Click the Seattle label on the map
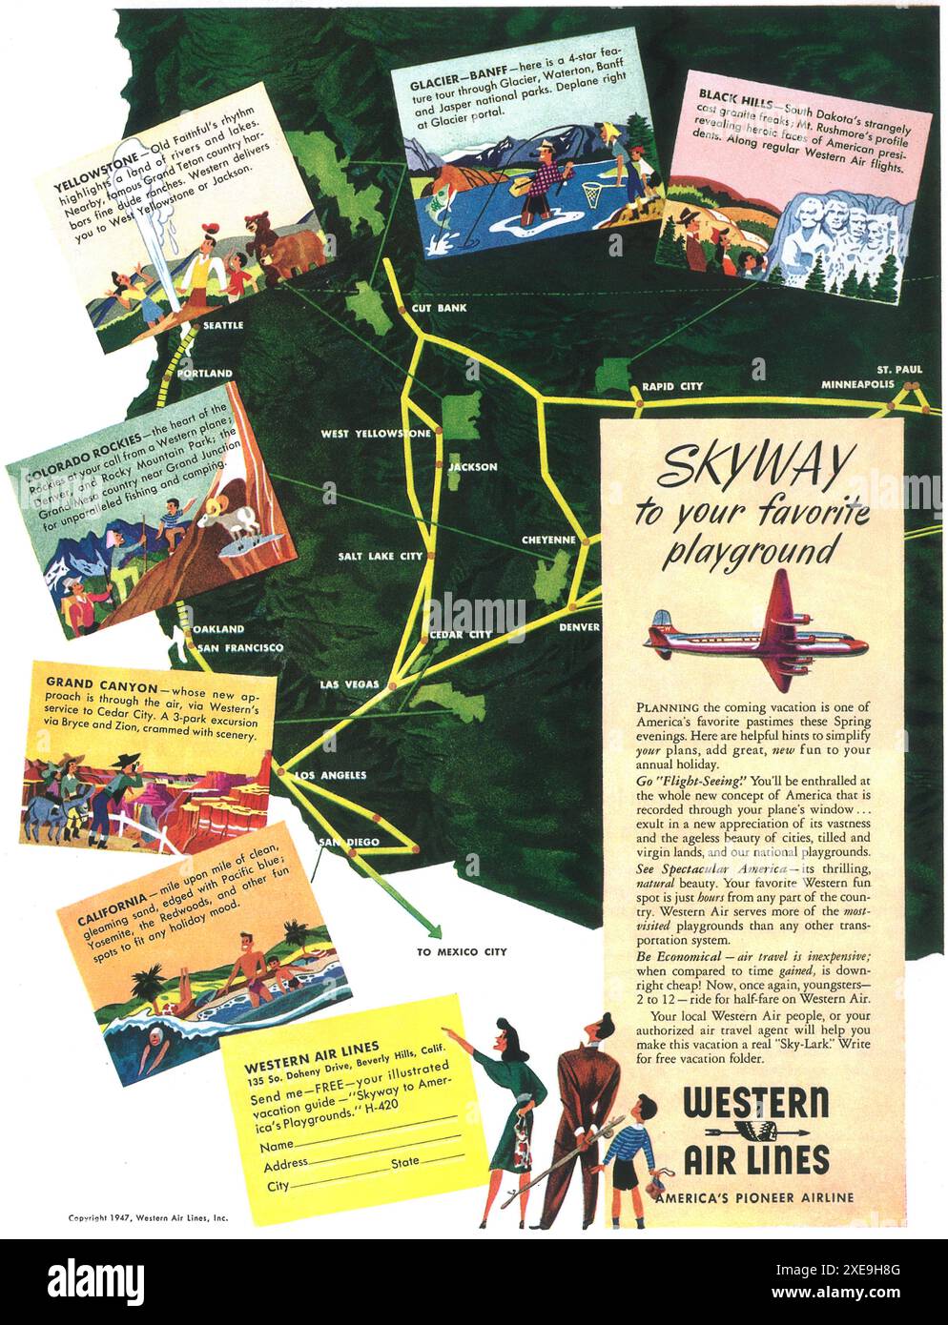coord(224,326)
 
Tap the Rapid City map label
coord(672,386)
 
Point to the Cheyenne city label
coord(548,540)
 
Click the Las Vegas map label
coord(349,684)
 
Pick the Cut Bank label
coord(439,309)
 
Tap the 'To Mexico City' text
coord(463,951)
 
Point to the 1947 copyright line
coord(148,1217)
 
